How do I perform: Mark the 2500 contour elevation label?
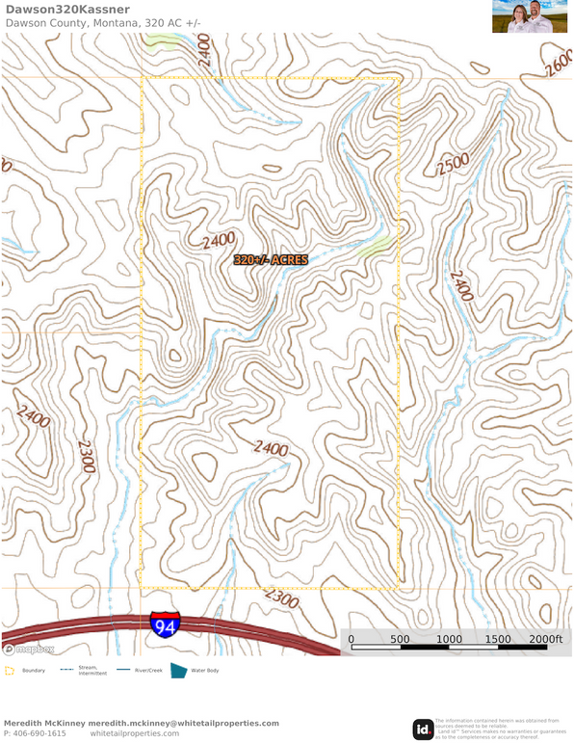(452, 165)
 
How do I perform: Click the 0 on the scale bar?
(351, 639)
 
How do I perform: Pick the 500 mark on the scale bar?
(400, 639)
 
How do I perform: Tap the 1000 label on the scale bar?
(449, 639)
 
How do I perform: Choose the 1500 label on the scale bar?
(498, 639)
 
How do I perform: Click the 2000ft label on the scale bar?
(545, 639)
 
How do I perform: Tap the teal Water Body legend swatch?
(178, 670)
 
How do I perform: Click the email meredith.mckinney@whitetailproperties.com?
(183, 723)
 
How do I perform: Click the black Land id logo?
(422, 730)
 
